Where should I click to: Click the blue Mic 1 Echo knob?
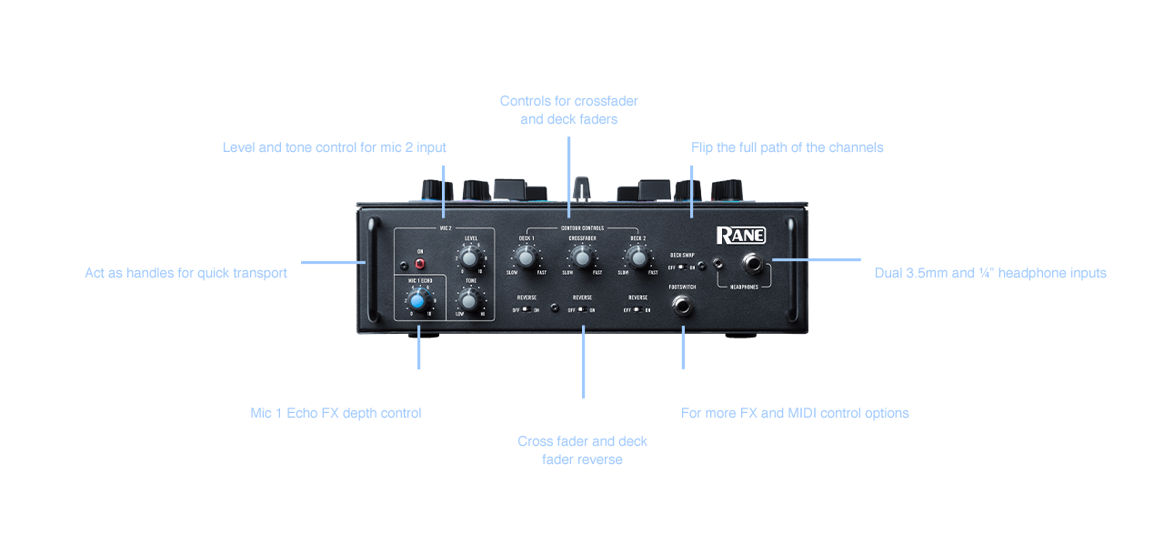tap(418, 300)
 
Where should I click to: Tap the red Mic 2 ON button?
tap(420, 264)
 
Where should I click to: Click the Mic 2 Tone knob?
tap(471, 298)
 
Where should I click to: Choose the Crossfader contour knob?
tap(582, 258)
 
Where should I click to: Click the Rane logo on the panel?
tap(740, 235)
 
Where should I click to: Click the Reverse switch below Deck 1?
tap(527, 310)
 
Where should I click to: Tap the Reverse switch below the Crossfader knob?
tap(582, 310)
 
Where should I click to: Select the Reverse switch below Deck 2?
tap(637, 310)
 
